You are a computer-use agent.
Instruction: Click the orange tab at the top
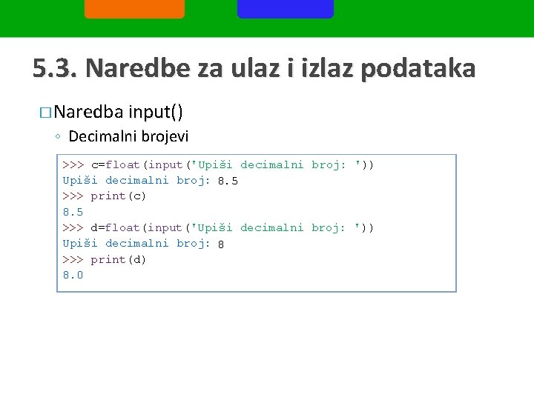click(x=134, y=8)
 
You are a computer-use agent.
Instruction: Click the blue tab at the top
click(x=286, y=8)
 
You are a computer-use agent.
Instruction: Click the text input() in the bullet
click(x=156, y=112)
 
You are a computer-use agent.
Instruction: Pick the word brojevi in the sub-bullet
click(x=164, y=136)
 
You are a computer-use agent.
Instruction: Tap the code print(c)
click(x=119, y=196)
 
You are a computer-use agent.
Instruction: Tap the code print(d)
click(x=119, y=259)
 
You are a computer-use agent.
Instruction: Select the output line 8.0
click(x=73, y=276)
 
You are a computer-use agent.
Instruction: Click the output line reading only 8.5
click(x=73, y=212)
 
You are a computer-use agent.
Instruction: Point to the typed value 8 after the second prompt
click(x=221, y=244)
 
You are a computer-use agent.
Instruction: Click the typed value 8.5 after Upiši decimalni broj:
click(x=228, y=181)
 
